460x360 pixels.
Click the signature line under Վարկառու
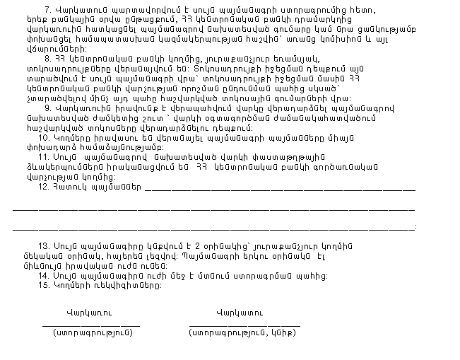(x=91, y=324)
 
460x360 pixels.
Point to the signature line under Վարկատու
(x=244, y=324)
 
